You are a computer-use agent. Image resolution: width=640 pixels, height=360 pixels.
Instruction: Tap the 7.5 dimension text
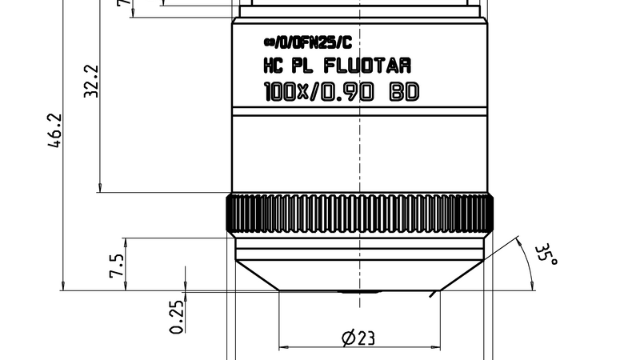[x=116, y=265]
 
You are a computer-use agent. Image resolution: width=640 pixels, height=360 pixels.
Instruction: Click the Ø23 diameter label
[x=358, y=338]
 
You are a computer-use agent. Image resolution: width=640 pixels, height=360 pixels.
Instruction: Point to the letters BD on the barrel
[x=403, y=92]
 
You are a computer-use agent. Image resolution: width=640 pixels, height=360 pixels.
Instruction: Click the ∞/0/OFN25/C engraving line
[x=306, y=42]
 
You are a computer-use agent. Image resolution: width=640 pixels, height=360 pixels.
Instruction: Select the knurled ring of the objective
[x=359, y=214]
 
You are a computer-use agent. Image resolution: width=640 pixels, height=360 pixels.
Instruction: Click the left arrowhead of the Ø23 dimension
[x=282, y=348]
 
